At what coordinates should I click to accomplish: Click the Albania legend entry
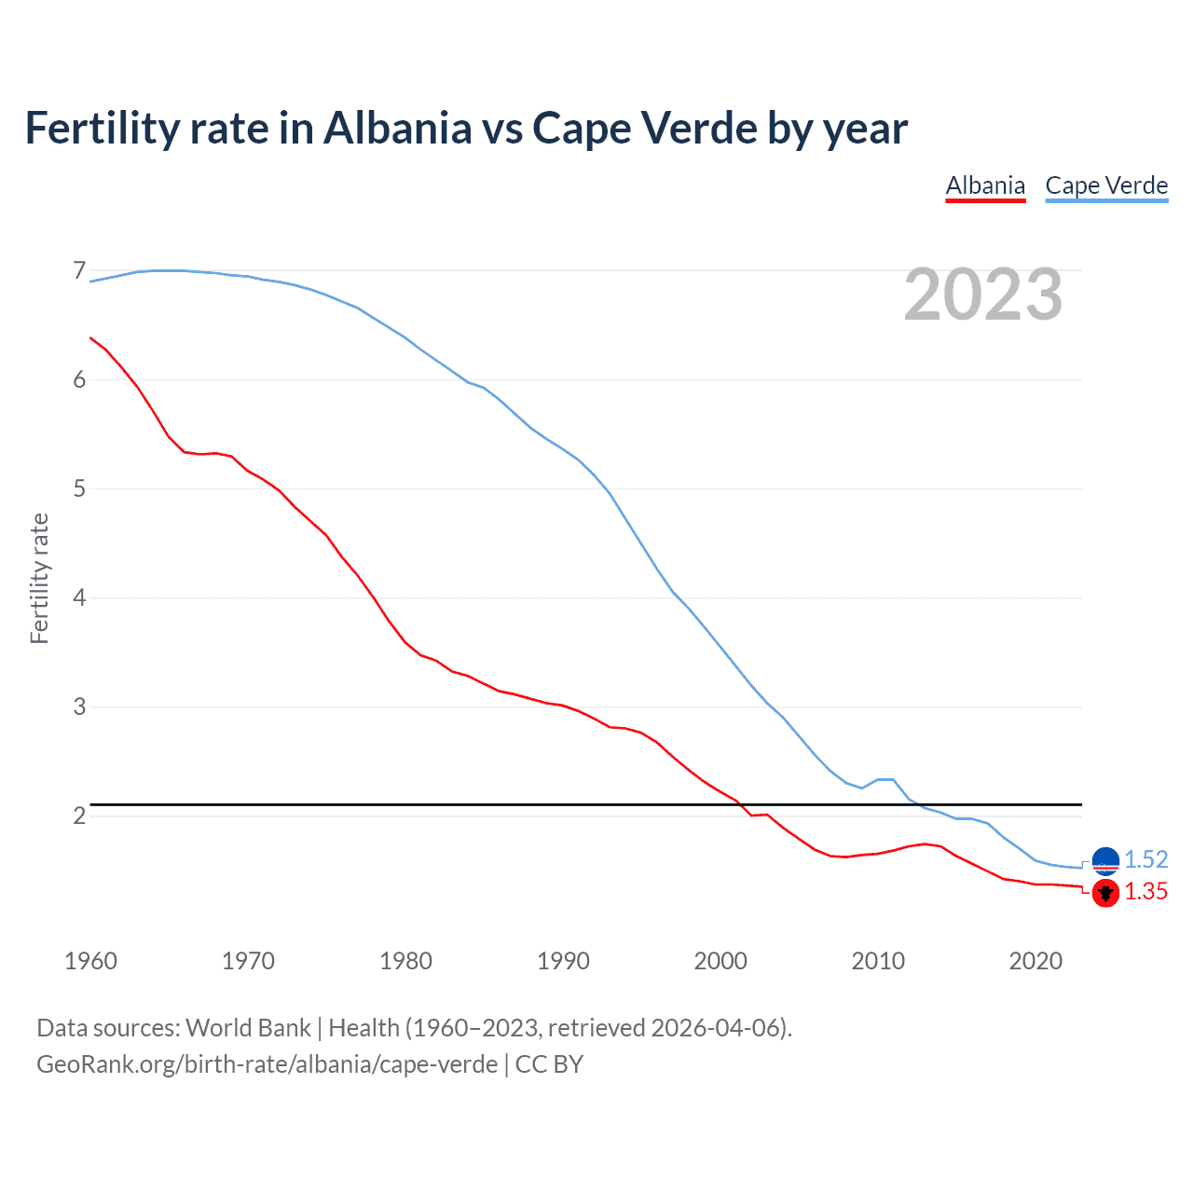pos(985,185)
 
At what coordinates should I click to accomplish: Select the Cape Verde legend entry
pos(1106,185)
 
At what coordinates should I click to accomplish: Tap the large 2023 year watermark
pos(983,295)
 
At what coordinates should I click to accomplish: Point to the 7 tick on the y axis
pos(79,270)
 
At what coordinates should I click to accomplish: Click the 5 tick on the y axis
pos(79,488)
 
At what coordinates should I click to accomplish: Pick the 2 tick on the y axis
pos(79,816)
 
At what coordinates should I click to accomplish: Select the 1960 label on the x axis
pos(90,961)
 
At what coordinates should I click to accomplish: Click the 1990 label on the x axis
pos(563,961)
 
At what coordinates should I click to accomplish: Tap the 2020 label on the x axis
pos(1035,961)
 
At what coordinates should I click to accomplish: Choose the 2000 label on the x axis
pos(720,961)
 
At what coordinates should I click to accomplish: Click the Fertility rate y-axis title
pos(39,578)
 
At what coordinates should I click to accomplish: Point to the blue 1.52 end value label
pos(1145,859)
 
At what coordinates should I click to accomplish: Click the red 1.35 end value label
pos(1145,892)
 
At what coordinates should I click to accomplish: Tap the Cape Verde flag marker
pos(1105,861)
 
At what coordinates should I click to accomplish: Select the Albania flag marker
pos(1105,893)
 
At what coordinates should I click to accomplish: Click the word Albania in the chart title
pos(398,128)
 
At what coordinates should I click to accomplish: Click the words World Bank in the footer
pos(248,1028)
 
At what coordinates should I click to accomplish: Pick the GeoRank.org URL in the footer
pos(267,1064)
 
